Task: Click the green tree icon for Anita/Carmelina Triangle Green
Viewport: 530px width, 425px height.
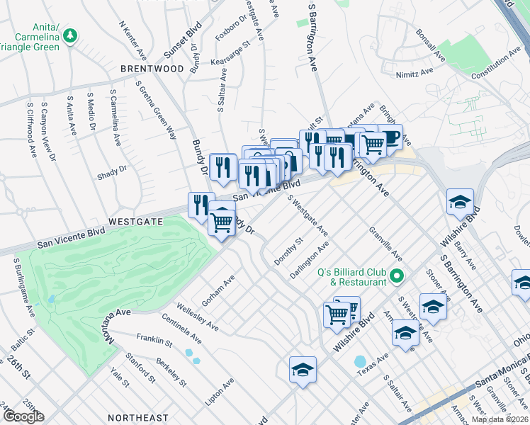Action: [69, 35]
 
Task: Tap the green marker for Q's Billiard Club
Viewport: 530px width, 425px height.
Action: [397, 276]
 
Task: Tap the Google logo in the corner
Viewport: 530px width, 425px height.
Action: [23, 416]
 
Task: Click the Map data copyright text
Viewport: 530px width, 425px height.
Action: [500, 419]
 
